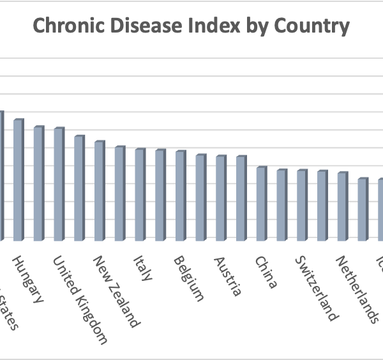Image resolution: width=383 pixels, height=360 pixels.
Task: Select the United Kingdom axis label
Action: pyautogui.click(x=79, y=300)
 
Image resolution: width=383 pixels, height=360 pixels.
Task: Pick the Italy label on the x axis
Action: pyautogui.click(x=142, y=268)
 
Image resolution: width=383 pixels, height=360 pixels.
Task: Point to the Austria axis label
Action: pyautogui.click(x=228, y=276)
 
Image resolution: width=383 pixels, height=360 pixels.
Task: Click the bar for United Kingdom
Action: pyautogui.click(x=58, y=184)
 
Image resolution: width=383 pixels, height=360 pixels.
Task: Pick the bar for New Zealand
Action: pyautogui.click(x=98, y=191)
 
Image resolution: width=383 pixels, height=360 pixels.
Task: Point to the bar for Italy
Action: pyautogui.click(x=139, y=195)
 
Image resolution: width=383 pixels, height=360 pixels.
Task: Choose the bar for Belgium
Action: pyautogui.click(x=179, y=196)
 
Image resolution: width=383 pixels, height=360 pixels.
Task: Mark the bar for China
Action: pyautogui.click(x=260, y=204)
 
